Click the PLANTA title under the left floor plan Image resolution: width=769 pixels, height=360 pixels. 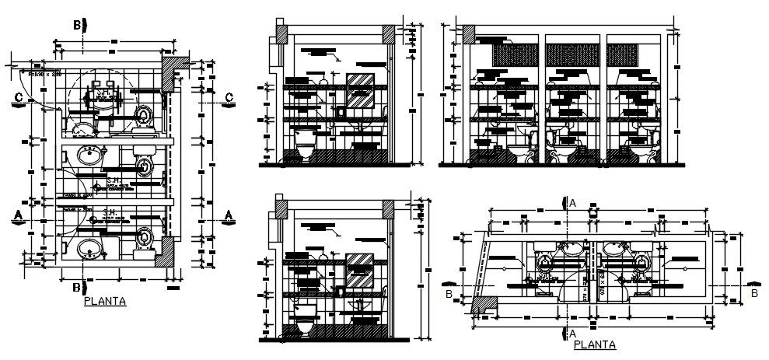pyautogui.click(x=105, y=302)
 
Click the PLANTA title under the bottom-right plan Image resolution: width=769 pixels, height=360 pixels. pyautogui.click(x=594, y=344)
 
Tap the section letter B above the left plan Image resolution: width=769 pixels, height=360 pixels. pyautogui.click(x=79, y=25)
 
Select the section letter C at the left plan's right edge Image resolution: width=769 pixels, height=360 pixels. pyautogui.click(x=228, y=96)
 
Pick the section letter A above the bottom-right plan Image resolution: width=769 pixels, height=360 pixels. pyautogui.click(x=573, y=202)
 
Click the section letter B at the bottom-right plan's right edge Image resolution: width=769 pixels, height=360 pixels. pyautogui.click(x=753, y=294)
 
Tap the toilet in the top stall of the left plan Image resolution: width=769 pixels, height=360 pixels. pyautogui.click(x=144, y=117)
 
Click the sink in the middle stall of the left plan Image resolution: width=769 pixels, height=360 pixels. pyautogui.click(x=89, y=158)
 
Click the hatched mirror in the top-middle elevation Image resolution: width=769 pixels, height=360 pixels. pyautogui.click(x=360, y=91)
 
